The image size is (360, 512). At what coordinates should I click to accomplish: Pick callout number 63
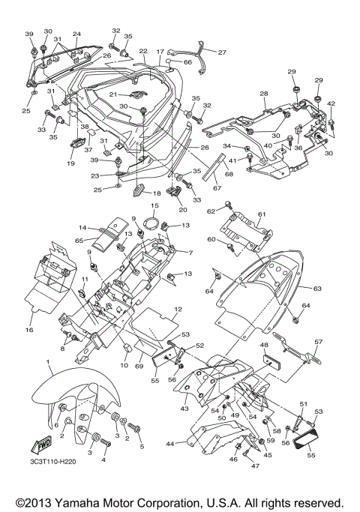point(317,287)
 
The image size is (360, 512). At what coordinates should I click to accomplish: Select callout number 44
point(170,444)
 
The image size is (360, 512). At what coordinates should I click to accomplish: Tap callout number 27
point(221,52)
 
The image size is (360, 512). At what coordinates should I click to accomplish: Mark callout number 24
point(76,34)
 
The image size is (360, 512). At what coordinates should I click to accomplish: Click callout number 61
point(262,214)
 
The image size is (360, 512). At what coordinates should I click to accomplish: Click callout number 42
point(331,103)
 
